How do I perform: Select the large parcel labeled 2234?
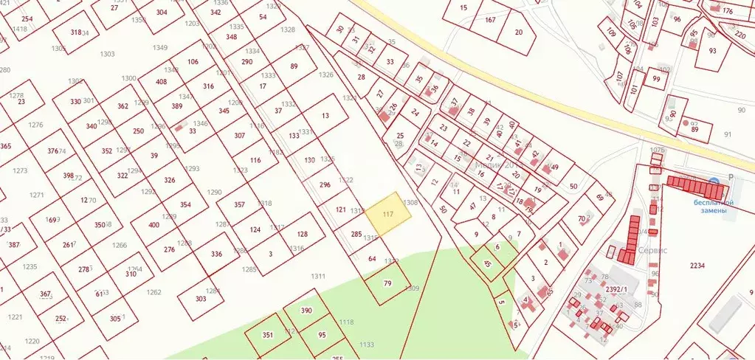(x=697, y=266)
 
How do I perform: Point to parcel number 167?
(x=490, y=20)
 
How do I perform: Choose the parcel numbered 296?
(x=325, y=184)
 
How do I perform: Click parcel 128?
(x=302, y=234)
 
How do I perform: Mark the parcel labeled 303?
(x=201, y=299)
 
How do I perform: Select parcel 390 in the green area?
(x=306, y=311)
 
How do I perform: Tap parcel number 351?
(x=268, y=335)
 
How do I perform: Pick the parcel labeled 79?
(x=387, y=283)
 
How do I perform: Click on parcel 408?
(x=161, y=81)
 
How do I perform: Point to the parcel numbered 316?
(x=208, y=86)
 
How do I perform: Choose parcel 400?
(x=154, y=225)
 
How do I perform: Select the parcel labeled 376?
(x=52, y=151)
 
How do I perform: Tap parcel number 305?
(x=114, y=318)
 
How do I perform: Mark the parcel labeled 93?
(x=712, y=52)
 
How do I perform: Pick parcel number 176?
(x=727, y=11)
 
